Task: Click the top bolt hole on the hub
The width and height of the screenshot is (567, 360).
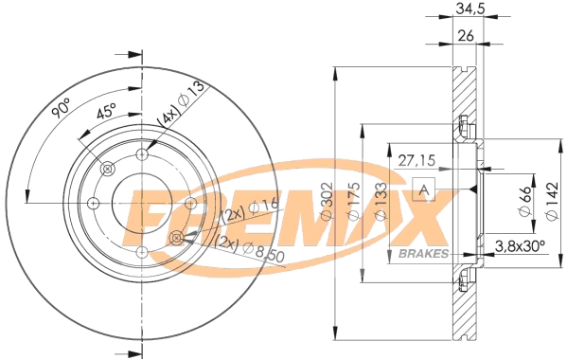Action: point(142,153)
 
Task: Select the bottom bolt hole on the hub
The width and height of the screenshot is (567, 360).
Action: point(142,251)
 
